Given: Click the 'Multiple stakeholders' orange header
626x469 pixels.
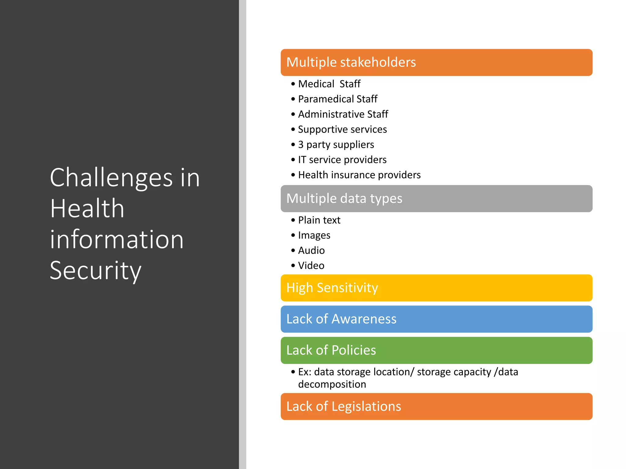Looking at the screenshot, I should click(436, 62).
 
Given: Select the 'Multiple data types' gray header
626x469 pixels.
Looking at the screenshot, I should click(436, 198).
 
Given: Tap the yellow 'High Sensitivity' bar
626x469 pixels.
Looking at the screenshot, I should click(436, 288).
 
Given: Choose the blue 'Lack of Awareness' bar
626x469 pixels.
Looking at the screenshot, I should click(436, 319).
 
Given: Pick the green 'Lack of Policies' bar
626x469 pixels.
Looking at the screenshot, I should click(436, 350).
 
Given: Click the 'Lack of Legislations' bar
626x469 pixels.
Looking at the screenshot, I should click(436, 406).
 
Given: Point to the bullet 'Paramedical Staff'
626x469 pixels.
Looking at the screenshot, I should click(337, 99).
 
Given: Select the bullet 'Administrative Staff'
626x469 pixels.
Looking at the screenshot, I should click(343, 114).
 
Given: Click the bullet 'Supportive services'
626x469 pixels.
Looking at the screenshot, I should click(342, 129).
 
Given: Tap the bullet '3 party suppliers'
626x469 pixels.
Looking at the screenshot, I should click(336, 144).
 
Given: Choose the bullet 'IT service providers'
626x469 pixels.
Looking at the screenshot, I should click(342, 160).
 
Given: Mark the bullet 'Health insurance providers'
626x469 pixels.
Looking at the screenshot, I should click(359, 175).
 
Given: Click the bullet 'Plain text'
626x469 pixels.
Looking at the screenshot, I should click(319, 220).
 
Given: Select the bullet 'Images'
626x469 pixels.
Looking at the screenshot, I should click(314, 235).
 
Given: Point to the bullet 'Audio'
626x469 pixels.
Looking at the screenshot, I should click(311, 250).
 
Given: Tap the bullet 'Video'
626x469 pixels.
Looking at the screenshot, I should click(311, 266).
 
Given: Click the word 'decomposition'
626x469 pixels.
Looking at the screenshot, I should click(332, 384).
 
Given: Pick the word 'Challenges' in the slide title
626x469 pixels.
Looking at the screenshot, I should click(111, 178).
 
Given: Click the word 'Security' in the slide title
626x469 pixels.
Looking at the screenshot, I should click(95, 271).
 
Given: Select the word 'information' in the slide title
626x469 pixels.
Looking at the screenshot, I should click(117, 239).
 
